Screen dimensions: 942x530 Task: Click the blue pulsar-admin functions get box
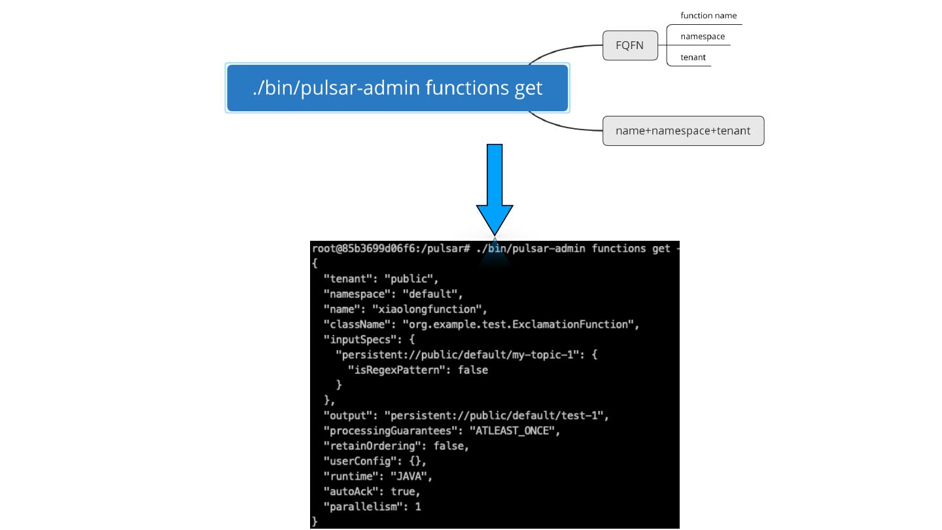398,88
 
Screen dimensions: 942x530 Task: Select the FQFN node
630,45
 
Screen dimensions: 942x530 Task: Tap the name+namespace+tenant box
683,131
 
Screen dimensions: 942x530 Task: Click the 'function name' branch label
708,16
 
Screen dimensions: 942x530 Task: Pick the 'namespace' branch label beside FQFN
703,37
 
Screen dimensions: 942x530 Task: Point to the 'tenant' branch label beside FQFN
693,57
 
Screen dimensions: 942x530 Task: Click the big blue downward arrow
495,190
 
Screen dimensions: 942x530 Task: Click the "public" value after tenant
408,279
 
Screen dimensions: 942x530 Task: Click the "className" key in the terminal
357,325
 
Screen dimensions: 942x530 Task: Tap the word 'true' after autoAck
403,492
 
